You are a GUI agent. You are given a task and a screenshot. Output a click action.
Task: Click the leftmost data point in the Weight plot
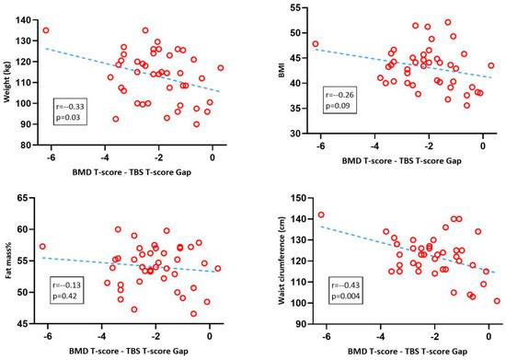click(46, 30)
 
